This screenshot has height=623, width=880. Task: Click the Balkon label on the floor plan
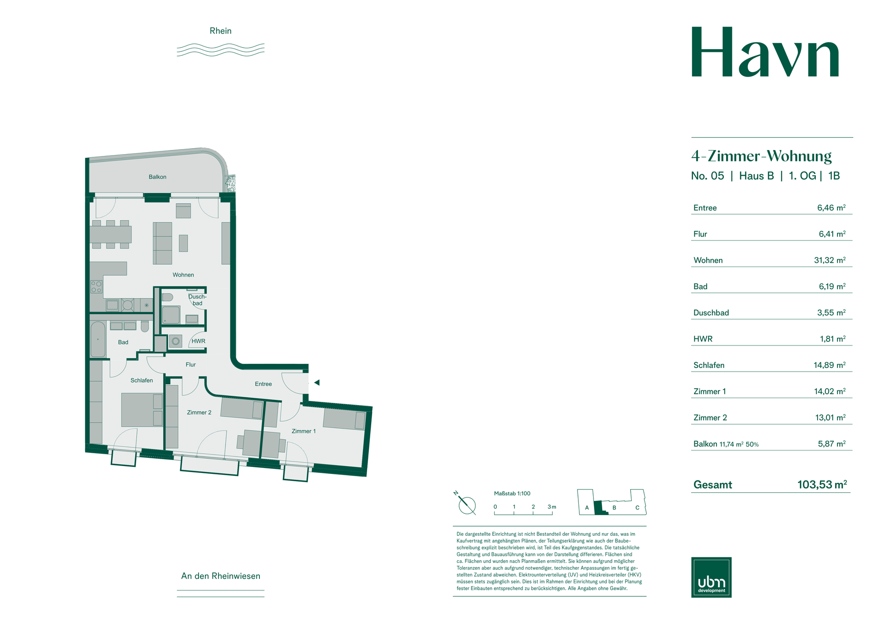click(x=157, y=177)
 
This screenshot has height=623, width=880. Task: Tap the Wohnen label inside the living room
click(x=183, y=275)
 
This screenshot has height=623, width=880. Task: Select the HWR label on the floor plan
click(x=198, y=341)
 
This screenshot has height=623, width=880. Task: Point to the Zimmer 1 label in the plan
click(x=303, y=431)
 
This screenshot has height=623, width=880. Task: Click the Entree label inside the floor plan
click(x=263, y=384)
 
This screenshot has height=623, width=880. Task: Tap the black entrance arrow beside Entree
click(x=317, y=383)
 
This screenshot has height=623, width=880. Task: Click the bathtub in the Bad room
click(x=98, y=339)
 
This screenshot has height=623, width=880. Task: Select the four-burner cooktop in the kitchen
click(x=96, y=287)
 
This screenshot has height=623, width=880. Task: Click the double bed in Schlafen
click(x=142, y=410)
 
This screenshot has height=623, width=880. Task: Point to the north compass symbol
click(x=467, y=505)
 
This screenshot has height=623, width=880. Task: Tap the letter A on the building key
click(x=587, y=508)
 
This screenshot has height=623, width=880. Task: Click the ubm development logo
click(x=711, y=577)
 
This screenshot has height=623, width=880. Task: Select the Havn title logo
click(x=765, y=53)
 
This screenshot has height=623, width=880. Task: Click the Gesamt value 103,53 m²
click(x=822, y=484)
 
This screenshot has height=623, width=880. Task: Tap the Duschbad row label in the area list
click(x=711, y=313)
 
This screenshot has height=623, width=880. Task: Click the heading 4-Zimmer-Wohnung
click(x=761, y=156)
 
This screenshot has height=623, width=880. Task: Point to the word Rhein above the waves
click(x=220, y=31)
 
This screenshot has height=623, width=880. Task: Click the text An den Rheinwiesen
click(x=220, y=576)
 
